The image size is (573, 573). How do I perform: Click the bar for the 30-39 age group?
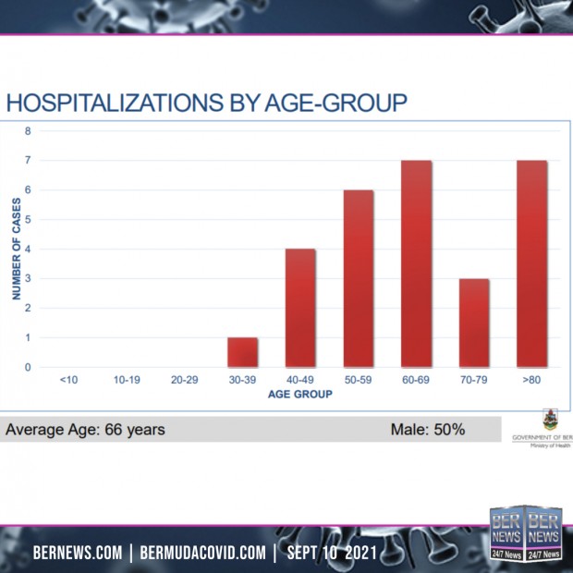(242, 352)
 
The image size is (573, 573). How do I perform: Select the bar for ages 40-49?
(300, 308)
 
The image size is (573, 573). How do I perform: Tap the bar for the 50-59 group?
(359, 278)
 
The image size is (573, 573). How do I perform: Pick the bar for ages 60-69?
(416, 263)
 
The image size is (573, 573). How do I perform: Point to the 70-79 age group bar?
(474, 323)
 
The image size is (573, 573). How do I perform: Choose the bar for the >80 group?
(532, 263)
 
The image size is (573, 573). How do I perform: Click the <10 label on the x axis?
(68, 380)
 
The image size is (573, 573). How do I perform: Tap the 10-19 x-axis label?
(127, 380)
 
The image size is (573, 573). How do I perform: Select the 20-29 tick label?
(185, 380)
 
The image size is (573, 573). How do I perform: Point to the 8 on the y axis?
(28, 131)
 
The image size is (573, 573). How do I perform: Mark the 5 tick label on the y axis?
(28, 220)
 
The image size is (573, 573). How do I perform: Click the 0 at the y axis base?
(28, 367)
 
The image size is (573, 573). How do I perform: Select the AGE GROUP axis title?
(300, 395)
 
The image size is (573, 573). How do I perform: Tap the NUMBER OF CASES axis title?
(17, 249)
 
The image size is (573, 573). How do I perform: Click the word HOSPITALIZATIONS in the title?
(115, 103)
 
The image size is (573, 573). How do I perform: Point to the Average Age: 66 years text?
(85, 430)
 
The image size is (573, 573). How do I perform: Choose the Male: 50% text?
(428, 430)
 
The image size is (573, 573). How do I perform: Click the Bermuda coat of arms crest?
(550, 420)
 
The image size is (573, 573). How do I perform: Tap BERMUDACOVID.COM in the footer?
(202, 553)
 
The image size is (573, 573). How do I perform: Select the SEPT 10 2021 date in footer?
(332, 553)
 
